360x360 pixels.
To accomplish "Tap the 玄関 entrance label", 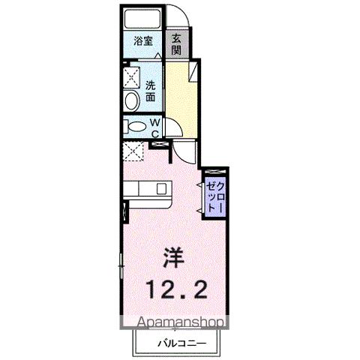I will [x=176, y=44].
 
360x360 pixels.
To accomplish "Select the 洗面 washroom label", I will [x=151, y=91].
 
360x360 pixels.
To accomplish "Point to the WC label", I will [x=154, y=127].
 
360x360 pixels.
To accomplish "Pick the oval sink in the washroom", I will [x=130, y=100].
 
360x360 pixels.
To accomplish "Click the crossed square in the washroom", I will [x=133, y=76].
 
